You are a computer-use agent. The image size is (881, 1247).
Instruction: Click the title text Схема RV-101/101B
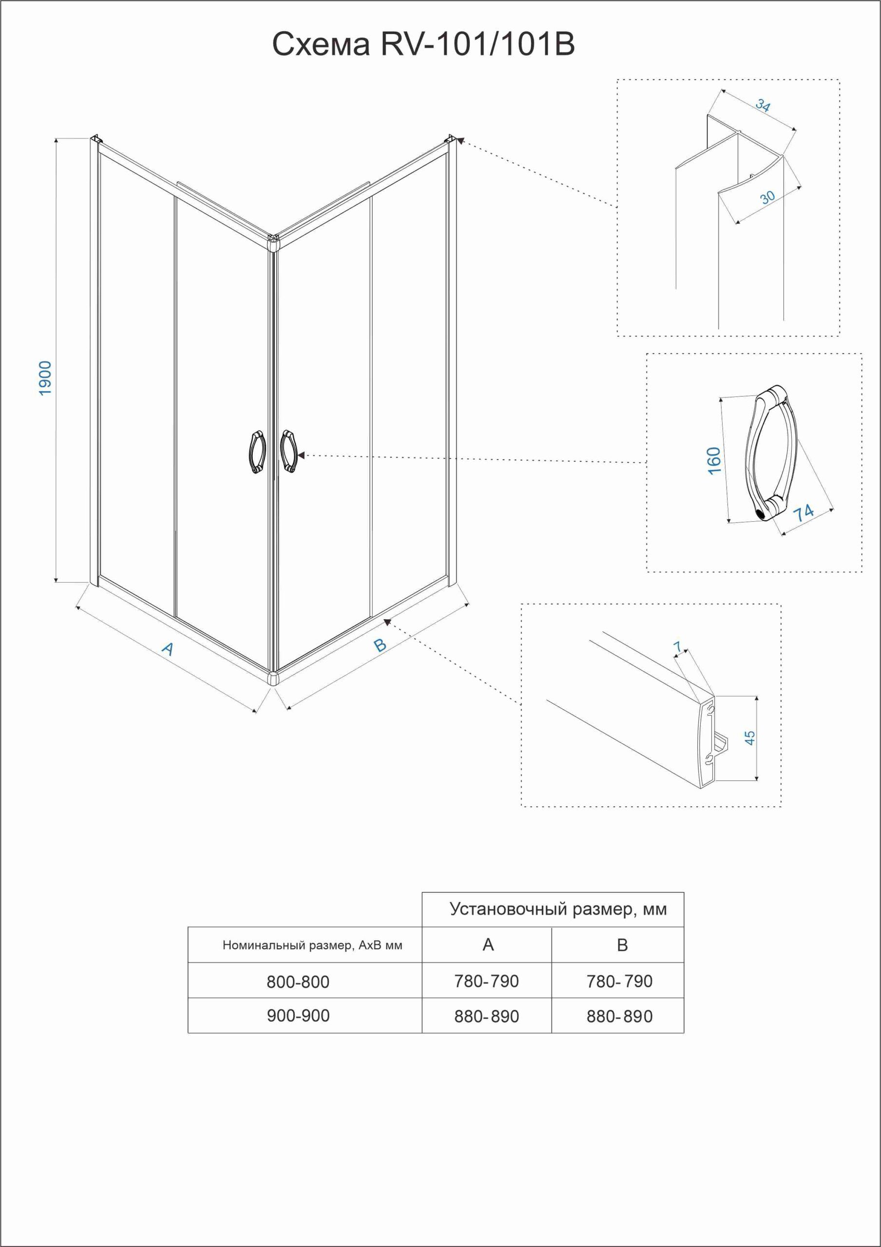(x=423, y=44)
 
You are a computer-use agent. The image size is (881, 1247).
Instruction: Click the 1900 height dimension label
(x=46, y=378)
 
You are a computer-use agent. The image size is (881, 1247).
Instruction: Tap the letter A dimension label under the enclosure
(x=169, y=648)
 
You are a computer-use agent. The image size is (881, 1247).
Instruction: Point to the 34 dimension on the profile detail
(x=763, y=105)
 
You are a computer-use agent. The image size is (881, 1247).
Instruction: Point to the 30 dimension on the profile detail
(x=767, y=197)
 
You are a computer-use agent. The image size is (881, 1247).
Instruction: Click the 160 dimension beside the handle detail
(x=714, y=461)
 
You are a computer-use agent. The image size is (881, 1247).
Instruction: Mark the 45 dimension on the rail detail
(x=749, y=737)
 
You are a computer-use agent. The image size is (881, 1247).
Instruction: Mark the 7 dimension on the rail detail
(x=677, y=646)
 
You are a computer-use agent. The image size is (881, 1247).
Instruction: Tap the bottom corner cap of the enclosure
(x=273, y=679)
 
